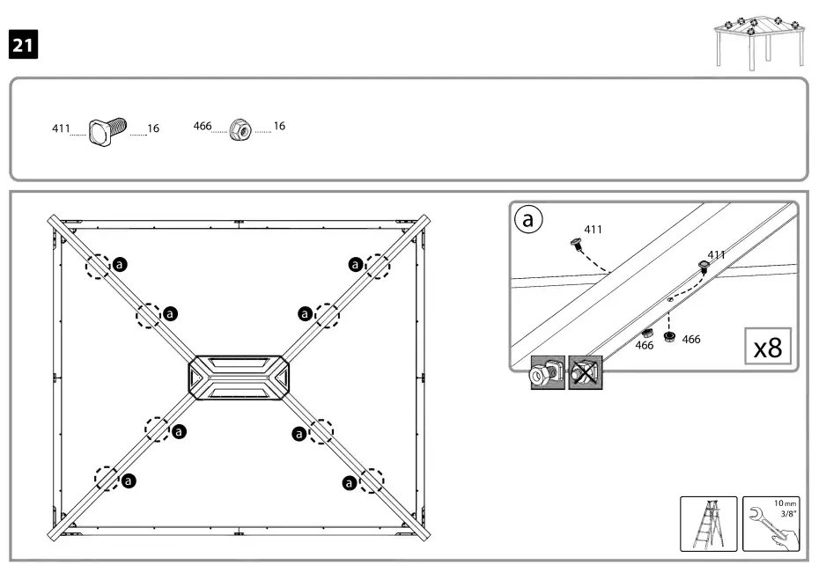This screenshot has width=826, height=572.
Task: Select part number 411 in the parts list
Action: [x=60, y=129]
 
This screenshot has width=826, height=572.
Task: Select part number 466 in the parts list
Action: [x=202, y=127]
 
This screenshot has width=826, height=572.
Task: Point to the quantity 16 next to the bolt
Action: [x=153, y=129]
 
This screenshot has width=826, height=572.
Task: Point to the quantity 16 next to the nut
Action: [x=279, y=127]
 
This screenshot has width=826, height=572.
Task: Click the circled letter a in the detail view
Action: [x=528, y=220]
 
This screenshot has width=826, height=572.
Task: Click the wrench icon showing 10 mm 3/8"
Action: [x=772, y=524]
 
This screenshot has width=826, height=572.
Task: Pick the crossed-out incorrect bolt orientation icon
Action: [x=585, y=373]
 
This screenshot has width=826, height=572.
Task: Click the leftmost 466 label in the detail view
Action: [x=645, y=346]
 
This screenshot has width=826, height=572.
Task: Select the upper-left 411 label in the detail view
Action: [x=594, y=230]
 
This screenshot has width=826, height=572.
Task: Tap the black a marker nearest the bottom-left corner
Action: [x=129, y=480]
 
